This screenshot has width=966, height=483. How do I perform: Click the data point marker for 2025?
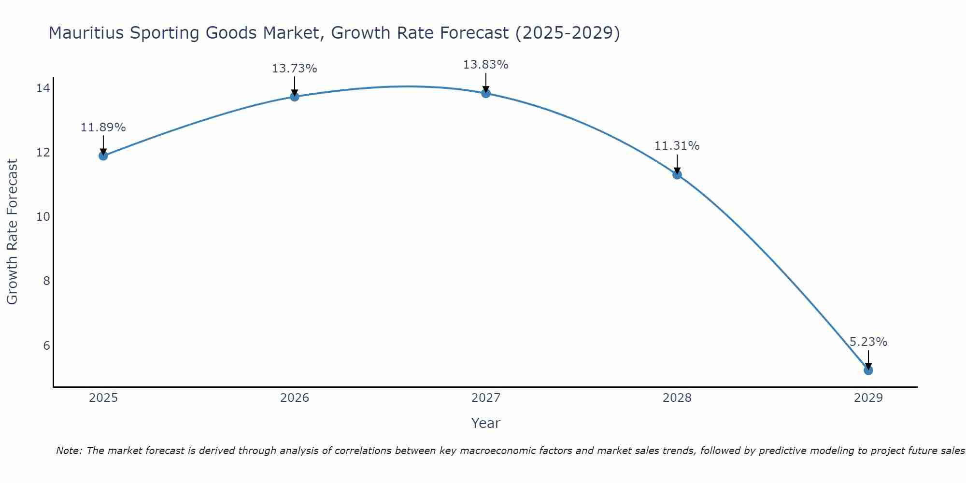coord(103,156)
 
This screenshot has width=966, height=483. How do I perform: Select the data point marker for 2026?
coord(295,97)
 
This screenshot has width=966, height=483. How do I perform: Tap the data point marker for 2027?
coord(486,93)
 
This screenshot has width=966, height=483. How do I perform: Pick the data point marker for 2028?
coord(677,174)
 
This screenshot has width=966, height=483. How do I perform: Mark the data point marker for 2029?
coord(868,370)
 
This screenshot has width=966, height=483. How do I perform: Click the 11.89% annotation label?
coord(103,128)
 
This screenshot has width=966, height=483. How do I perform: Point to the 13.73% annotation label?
coord(294,69)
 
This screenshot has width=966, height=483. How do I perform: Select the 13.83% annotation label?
coord(485,65)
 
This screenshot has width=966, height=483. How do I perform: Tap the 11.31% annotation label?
coord(677,146)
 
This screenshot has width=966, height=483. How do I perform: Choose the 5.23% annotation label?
coord(868,342)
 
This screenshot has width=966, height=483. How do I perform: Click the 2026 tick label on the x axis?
coord(295,398)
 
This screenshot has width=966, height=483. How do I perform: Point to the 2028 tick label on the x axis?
coord(677,398)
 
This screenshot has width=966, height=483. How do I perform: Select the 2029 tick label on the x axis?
coord(868,398)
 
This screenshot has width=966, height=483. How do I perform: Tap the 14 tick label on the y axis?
coord(43,88)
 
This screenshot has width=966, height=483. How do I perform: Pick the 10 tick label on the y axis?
coord(43,217)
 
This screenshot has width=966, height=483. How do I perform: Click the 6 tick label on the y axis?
coord(46,345)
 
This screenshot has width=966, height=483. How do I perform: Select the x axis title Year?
coord(485,423)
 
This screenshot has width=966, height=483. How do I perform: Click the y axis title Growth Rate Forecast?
coord(13,232)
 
